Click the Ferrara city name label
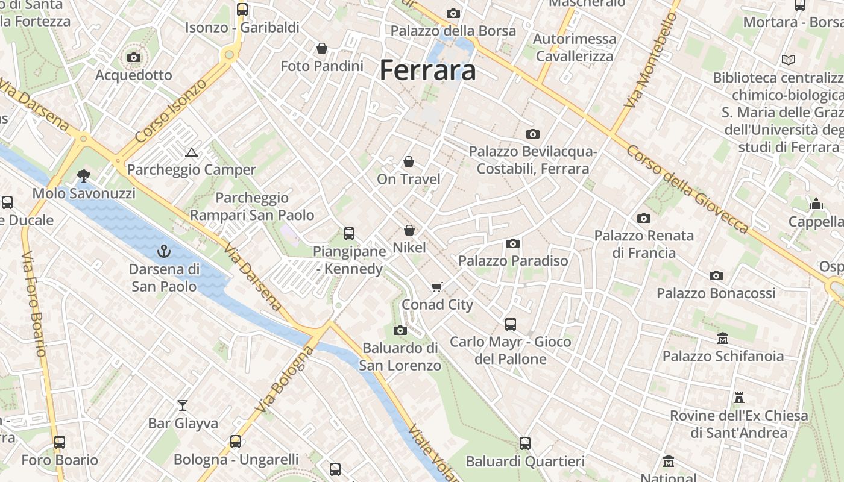pos(428,70)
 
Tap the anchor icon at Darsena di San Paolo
pos(163,251)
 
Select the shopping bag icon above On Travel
pos(409,161)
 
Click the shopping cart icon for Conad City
pos(437,287)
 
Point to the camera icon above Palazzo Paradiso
pos(513,243)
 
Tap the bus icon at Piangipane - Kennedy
pos(348,234)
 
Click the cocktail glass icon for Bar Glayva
pos(183,405)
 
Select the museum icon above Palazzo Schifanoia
pos(723,339)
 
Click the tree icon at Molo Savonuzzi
pos(83,176)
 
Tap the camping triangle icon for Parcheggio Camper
pos(192,152)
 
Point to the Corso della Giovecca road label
pos(687,189)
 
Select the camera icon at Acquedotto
pos(134,58)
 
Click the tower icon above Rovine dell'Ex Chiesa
pos(738,398)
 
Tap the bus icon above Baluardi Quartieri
pos(525,443)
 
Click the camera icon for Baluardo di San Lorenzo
pos(400,330)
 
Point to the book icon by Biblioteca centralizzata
pos(788,60)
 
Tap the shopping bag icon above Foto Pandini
pos(322,48)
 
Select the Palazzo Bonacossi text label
pos(716,293)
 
